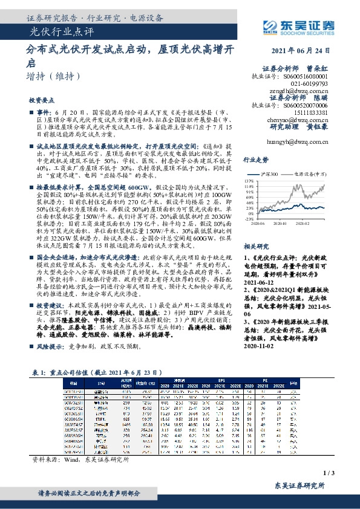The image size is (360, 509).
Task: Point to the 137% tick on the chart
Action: pyautogui.click(x=264, y=180)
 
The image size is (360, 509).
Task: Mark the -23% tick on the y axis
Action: pyautogui.click(x=264, y=219)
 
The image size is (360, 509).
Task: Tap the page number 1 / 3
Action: pyautogui.click(x=346, y=473)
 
